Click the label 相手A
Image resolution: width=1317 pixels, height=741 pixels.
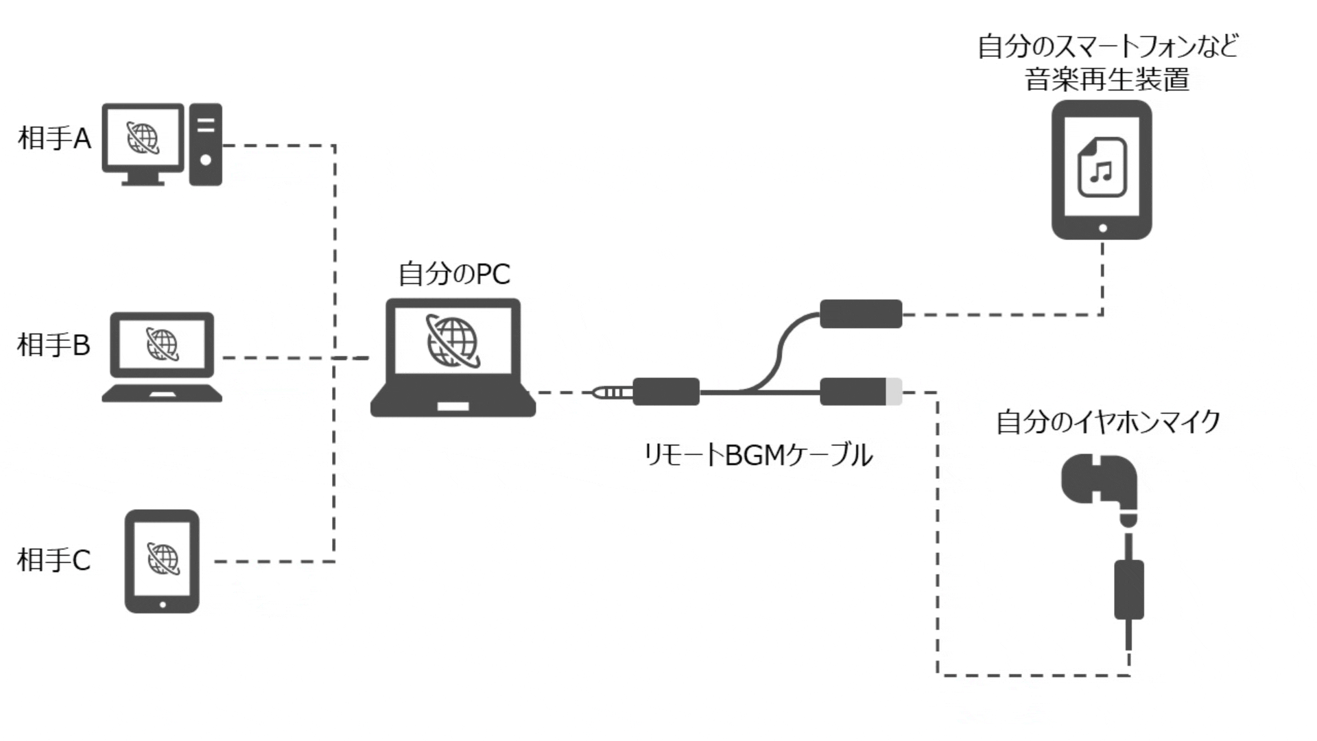pos(54,138)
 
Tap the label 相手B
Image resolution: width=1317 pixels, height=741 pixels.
pos(54,344)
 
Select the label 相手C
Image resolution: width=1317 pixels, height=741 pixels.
pos(54,560)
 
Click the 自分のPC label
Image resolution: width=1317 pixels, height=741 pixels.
pos(454,274)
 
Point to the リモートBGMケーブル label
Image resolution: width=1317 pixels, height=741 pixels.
pos(758,455)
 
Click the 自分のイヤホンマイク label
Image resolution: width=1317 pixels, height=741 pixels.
pos(1108,421)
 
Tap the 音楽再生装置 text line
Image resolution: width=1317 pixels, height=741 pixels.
pos(1107,80)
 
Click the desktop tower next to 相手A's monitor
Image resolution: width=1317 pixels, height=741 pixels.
pos(205,144)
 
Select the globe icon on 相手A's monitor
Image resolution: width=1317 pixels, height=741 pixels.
pos(143,138)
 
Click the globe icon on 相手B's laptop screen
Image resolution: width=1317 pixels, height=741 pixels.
pos(163,344)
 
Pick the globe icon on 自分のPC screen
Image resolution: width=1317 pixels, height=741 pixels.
pos(452,340)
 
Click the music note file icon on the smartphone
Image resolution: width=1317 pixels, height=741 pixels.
pos(1102,167)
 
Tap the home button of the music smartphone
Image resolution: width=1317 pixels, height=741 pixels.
pos(1102,228)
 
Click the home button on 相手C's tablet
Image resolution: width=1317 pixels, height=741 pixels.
pos(163,604)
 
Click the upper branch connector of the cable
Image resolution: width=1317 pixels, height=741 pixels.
pos(861,314)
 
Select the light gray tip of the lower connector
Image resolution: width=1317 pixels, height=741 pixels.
pos(894,392)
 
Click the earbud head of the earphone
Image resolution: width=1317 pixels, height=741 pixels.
pos(1097,480)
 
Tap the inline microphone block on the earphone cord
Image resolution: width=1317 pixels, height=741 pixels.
pos(1128,589)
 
